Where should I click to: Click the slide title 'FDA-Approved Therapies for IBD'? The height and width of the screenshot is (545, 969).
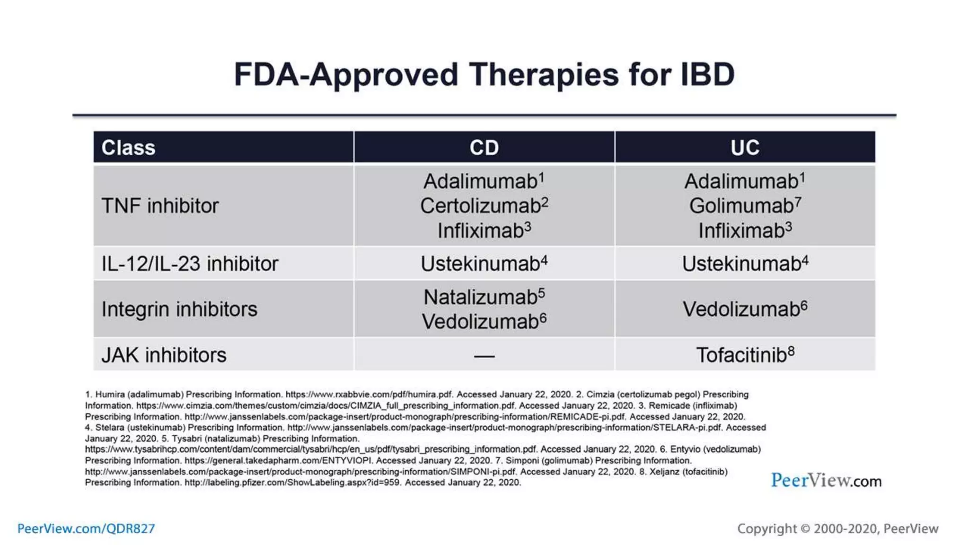pyautogui.click(x=484, y=75)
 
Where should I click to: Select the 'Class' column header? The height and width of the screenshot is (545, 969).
pyautogui.click(x=128, y=148)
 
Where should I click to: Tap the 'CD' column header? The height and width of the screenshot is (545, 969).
pyautogui.click(x=484, y=148)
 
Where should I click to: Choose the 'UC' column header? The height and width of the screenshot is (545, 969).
pyautogui.click(x=745, y=148)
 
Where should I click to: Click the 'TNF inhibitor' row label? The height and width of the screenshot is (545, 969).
pyautogui.click(x=160, y=206)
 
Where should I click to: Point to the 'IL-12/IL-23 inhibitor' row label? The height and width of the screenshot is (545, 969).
pyautogui.click(x=190, y=264)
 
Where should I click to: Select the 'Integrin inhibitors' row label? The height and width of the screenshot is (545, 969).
pyautogui.click(x=179, y=309)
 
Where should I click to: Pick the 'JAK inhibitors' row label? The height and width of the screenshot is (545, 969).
pyautogui.click(x=164, y=355)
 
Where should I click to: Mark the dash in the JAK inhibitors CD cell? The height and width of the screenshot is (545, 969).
pyautogui.click(x=484, y=356)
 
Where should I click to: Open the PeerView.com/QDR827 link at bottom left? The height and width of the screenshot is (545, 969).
pyautogui.click(x=86, y=528)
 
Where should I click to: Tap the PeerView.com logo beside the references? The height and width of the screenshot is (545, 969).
pyautogui.click(x=826, y=481)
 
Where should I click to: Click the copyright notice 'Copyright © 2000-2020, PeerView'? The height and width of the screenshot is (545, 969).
pyautogui.click(x=837, y=528)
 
